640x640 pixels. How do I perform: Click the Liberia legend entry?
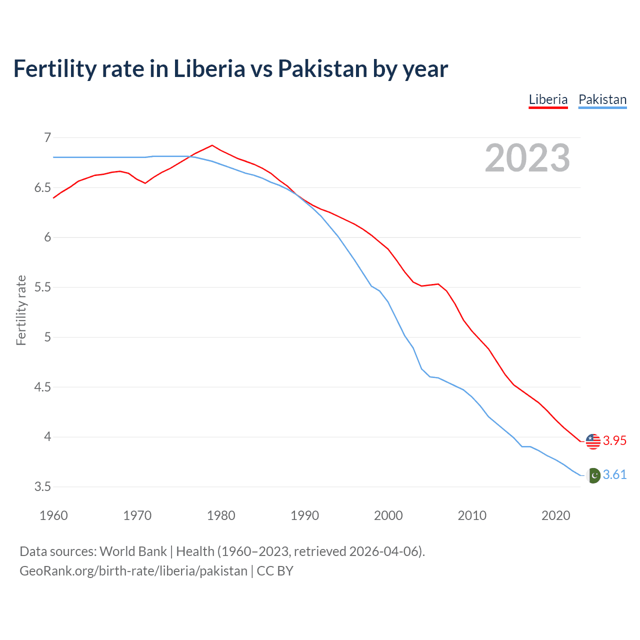point(548,99)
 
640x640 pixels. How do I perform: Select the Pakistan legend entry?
point(602,99)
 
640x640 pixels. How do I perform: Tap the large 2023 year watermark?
point(527,158)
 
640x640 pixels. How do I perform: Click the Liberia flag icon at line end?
point(593,441)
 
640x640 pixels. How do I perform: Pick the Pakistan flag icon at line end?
point(593,475)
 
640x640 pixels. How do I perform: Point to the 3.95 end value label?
point(614,440)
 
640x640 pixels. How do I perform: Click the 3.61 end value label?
point(614,474)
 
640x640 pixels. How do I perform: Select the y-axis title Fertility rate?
point(21,310)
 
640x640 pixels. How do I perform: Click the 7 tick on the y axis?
point(47,137)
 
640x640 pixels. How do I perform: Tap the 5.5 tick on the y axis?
point(43,287)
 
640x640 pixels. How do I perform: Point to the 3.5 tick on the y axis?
point(43,487)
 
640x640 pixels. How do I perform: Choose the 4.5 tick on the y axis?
point(43,387)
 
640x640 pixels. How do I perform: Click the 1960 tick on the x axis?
point(53,515)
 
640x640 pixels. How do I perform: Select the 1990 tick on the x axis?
point(304,515)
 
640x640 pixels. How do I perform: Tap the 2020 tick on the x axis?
point(555,515)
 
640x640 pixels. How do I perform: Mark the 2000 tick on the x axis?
point(388,515)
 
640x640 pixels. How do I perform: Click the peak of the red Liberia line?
point(212,145)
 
